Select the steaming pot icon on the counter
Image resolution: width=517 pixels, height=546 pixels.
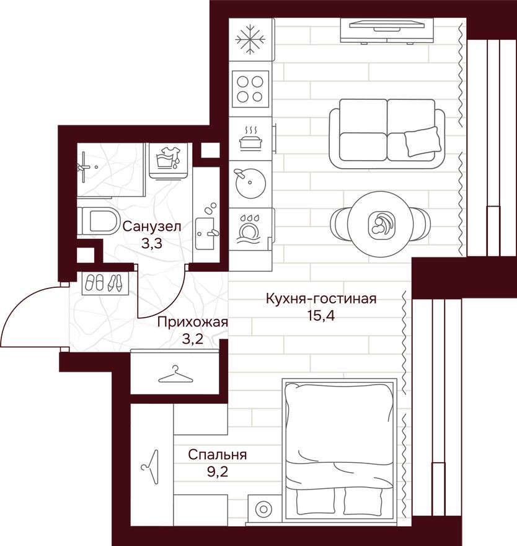tap(251, 138)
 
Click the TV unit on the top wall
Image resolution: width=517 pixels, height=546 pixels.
tap(384, 29)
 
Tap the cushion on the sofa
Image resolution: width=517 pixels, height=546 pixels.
tap(422, 141)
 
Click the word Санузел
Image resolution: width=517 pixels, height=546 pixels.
tap(151, 227)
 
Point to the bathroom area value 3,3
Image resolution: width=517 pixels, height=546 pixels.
tap(151, 243)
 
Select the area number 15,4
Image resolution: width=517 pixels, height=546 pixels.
tap(320, 316)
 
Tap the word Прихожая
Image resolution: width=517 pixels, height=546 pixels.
tap(192, 322)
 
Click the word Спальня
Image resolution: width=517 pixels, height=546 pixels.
tap(218, 455)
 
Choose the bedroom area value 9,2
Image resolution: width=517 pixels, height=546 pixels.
tap(218, 471)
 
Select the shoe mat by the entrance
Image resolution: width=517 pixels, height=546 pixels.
tap(103, 284)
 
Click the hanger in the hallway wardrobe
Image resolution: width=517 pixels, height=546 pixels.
tap(175, 375)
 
